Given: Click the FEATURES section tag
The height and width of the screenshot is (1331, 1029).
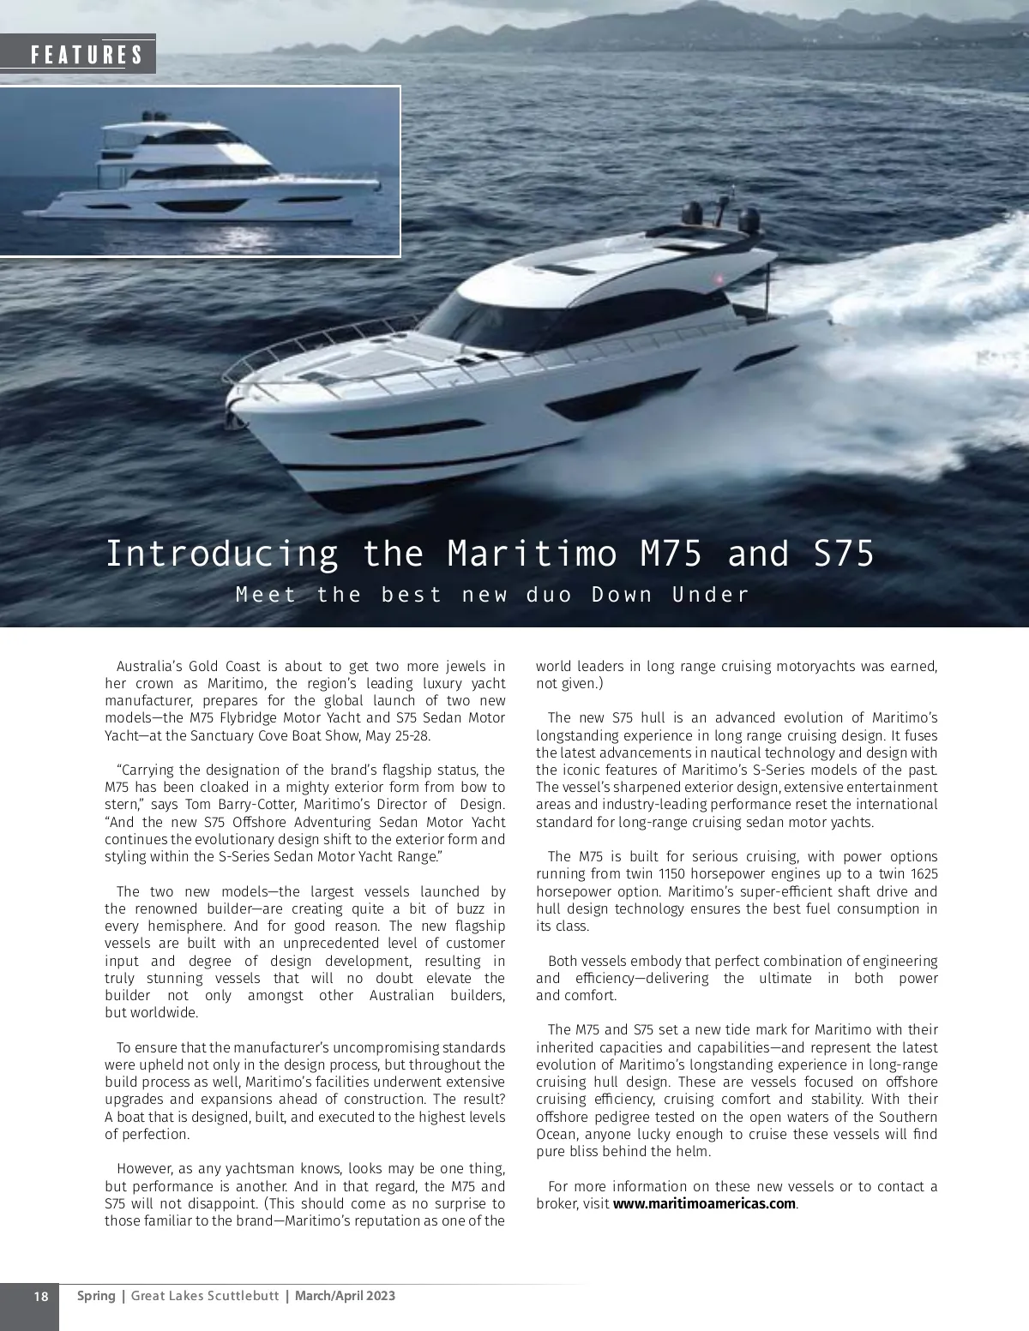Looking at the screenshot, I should click(x=86, y=55).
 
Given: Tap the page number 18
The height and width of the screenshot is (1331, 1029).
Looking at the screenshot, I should click(x=40, y=1296).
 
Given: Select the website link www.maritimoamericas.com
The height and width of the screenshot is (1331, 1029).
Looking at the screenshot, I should click(x=704, y=1203).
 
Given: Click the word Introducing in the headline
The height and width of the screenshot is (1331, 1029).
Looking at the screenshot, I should click(x=222, y=554).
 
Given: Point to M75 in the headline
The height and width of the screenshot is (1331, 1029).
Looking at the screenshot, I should click(x=671, y=554).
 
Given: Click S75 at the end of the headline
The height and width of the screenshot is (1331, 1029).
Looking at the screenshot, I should click(x=844, y=554).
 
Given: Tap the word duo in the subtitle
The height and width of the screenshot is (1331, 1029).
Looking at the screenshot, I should click(x=549, y=595).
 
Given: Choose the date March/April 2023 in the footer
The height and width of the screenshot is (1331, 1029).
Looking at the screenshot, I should click(x=345, y=1296).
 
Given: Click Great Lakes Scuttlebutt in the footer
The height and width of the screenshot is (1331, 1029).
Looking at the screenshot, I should click(x=205, y=1296).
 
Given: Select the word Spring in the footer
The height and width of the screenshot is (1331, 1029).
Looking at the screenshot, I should click(x=96, y=1296).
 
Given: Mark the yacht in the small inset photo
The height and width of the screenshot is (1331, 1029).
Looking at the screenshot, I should click(x=206, y=176).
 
